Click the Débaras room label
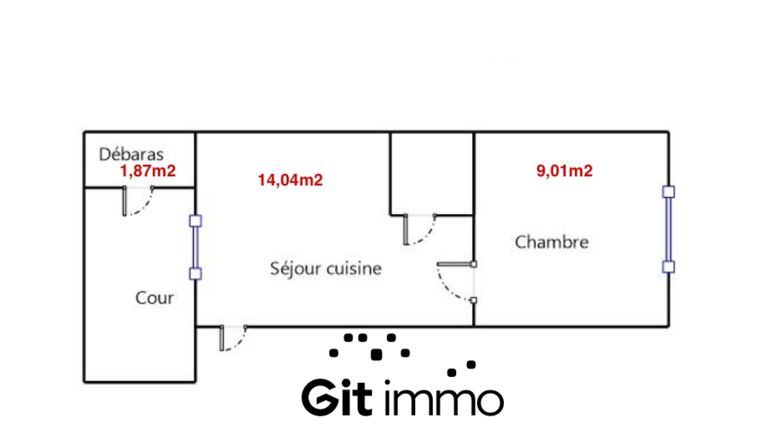coord(131,154)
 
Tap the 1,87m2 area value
coord(148,170)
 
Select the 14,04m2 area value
coord(290,180)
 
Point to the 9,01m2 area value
coord(564,170)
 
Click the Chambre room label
coord(552,242)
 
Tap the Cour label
coord(154,298)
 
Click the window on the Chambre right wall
coord(669,229)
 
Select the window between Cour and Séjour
coord(195,247)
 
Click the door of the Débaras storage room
coord(137,201)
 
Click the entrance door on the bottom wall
coord(233,338)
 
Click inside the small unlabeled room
coord(431,173)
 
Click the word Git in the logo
coord(336,398)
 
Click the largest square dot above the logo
coord(377,354)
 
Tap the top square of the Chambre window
coord(669,192)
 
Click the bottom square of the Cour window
coord(195,274)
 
